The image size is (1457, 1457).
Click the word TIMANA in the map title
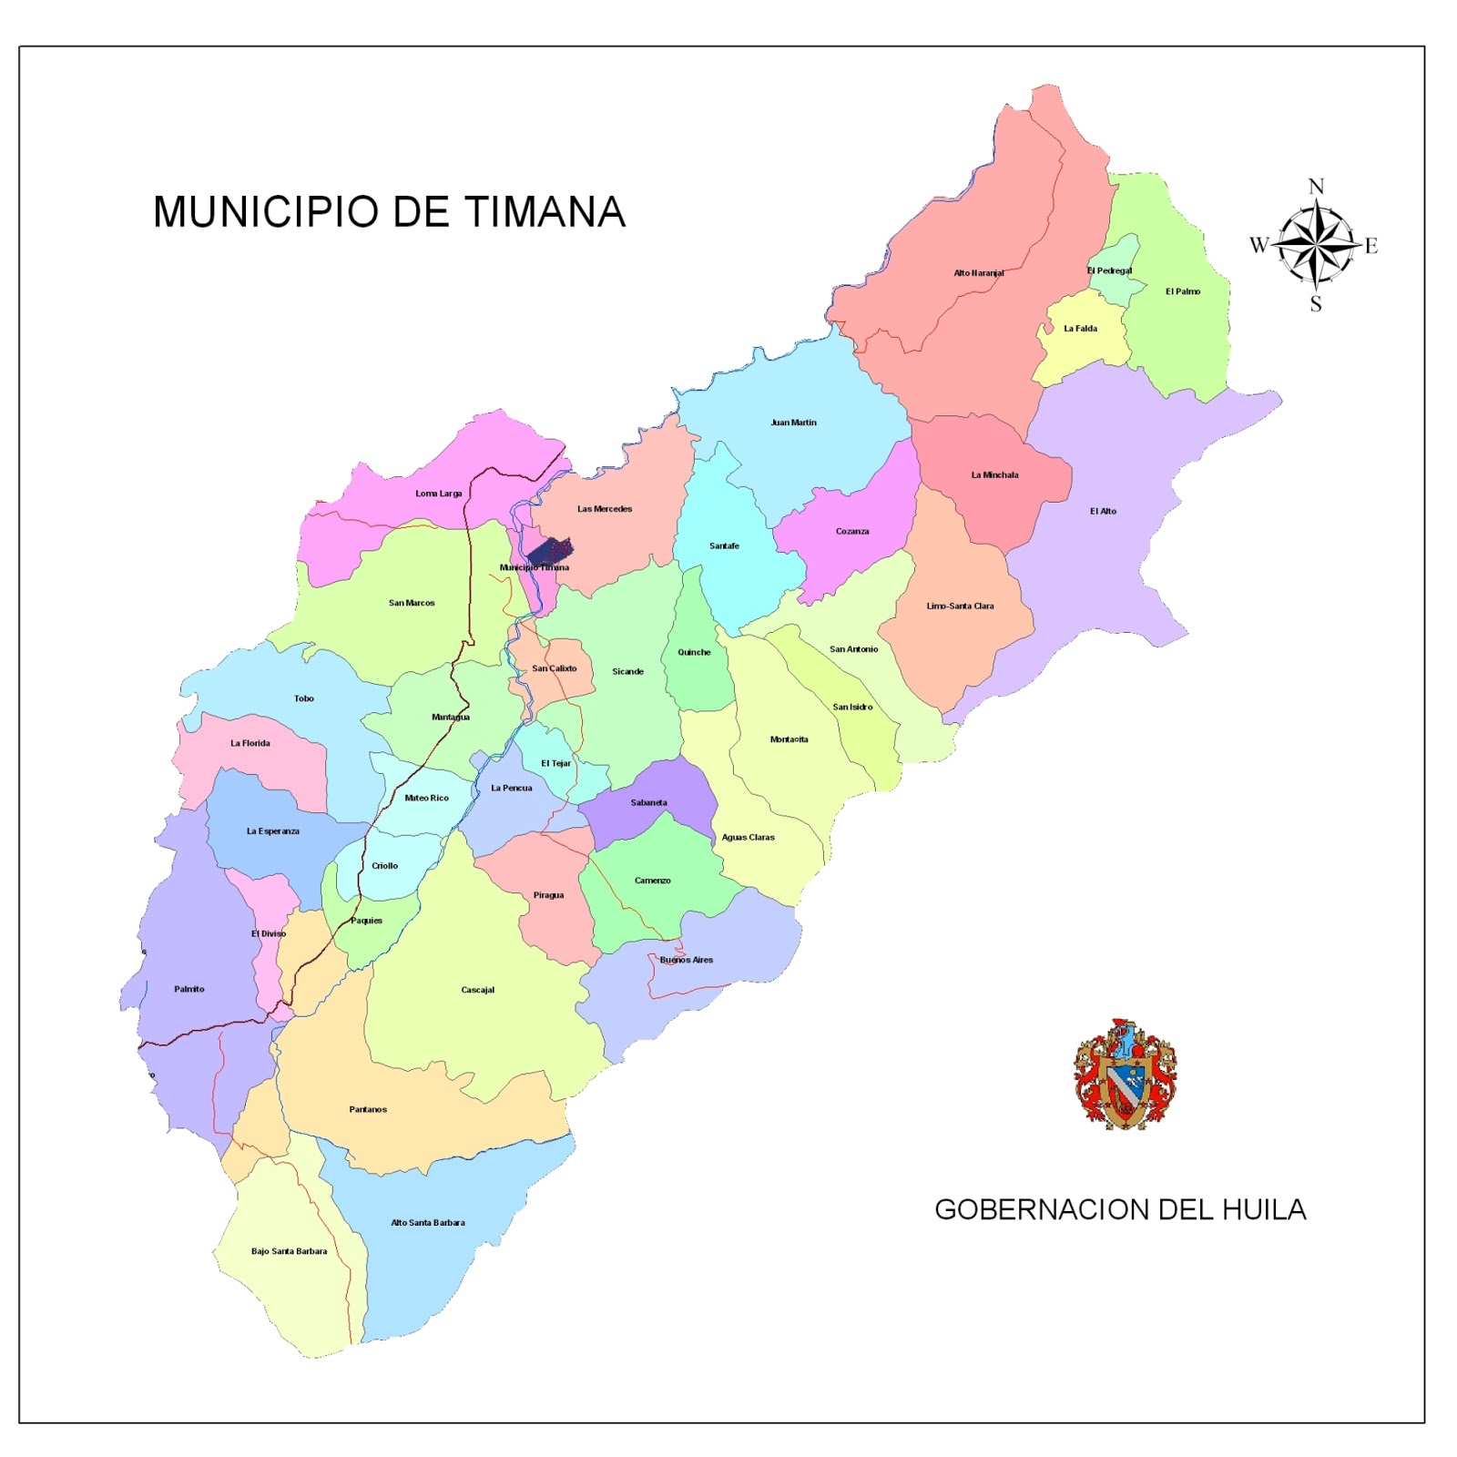tap(545, 212)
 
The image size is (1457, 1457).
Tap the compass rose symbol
tap(1314, 245)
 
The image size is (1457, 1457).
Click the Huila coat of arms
tap(1126, 1075)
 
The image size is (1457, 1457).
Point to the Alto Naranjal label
tap(978, 273)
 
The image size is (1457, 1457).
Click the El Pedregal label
tap(1109, 270)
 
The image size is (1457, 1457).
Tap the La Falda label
tap(1080, 329)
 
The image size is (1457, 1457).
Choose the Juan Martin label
tap(793, 423)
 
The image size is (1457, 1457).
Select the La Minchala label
tap(994, 475)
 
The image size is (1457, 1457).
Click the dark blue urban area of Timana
tap(550, 550)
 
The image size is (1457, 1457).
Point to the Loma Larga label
tap(438, 494)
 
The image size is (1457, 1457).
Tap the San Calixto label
tap(554, 668)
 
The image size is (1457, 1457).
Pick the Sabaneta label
tap(648, 803)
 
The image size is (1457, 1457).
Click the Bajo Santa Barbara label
tap(289, 1251)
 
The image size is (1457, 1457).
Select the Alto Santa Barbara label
tap(427, 1223)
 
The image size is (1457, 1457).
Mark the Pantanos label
tap(368, 1110)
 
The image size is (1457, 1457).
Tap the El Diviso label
tap(269, 934)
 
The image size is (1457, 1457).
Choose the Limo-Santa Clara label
tap(960, 606)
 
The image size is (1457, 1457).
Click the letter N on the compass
tap(1316, 187)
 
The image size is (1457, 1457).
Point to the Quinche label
tap(694, 652)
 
